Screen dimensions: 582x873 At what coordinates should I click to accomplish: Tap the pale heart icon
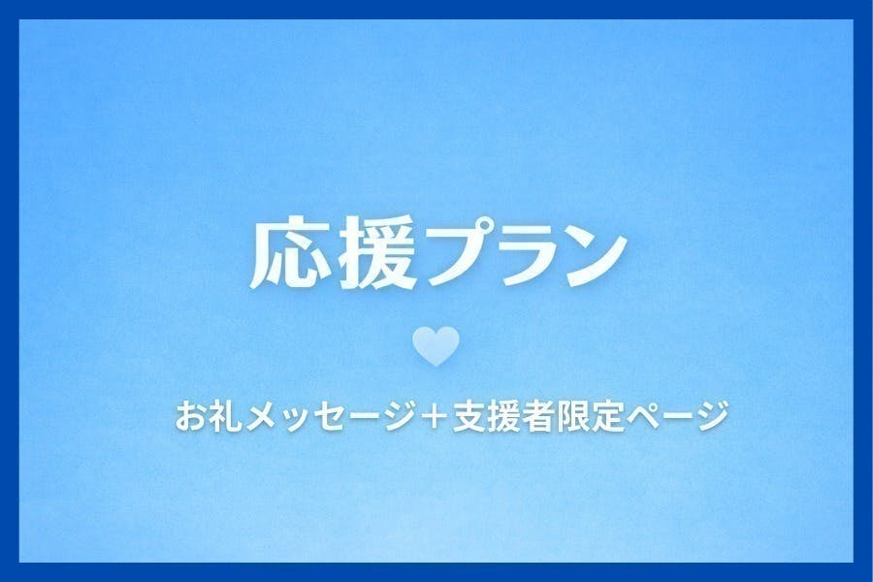(436, 347)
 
